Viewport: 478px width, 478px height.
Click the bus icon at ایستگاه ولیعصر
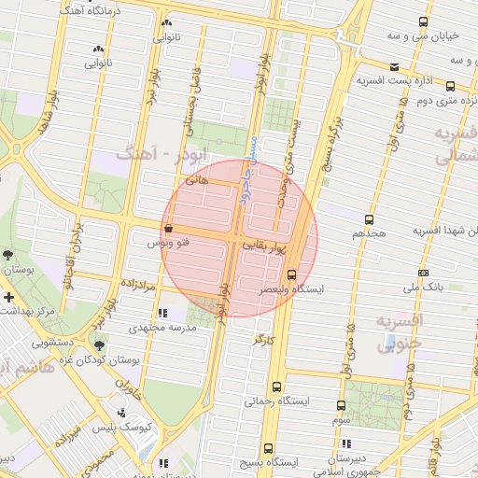tap(292, 274)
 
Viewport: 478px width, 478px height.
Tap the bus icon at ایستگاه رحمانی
tap(276, 387)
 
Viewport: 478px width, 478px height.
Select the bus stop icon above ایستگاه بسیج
tap(269, 448)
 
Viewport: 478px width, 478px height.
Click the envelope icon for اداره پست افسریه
tap(396, 66)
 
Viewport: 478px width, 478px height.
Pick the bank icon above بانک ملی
tap(424, 273)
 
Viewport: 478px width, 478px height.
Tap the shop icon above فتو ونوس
tap(167, 228)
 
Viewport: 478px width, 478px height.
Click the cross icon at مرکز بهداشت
tap(8, 297)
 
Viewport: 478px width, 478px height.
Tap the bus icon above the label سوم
tap(340, 405)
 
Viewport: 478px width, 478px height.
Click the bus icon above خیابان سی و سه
tap(424, 22)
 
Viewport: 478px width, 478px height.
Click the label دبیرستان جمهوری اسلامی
tap(340, 466)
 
